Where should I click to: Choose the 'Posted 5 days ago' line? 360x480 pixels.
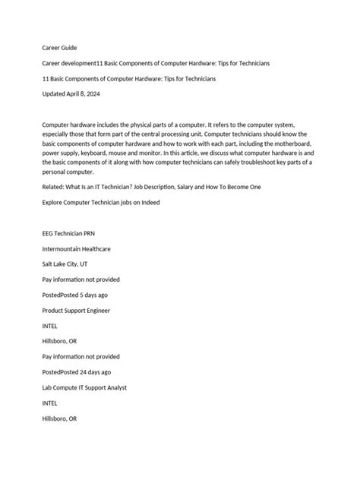coord(75,295)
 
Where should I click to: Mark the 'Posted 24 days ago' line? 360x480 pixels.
coord(77,372)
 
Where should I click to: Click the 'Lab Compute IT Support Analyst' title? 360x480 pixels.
coord(95,387)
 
